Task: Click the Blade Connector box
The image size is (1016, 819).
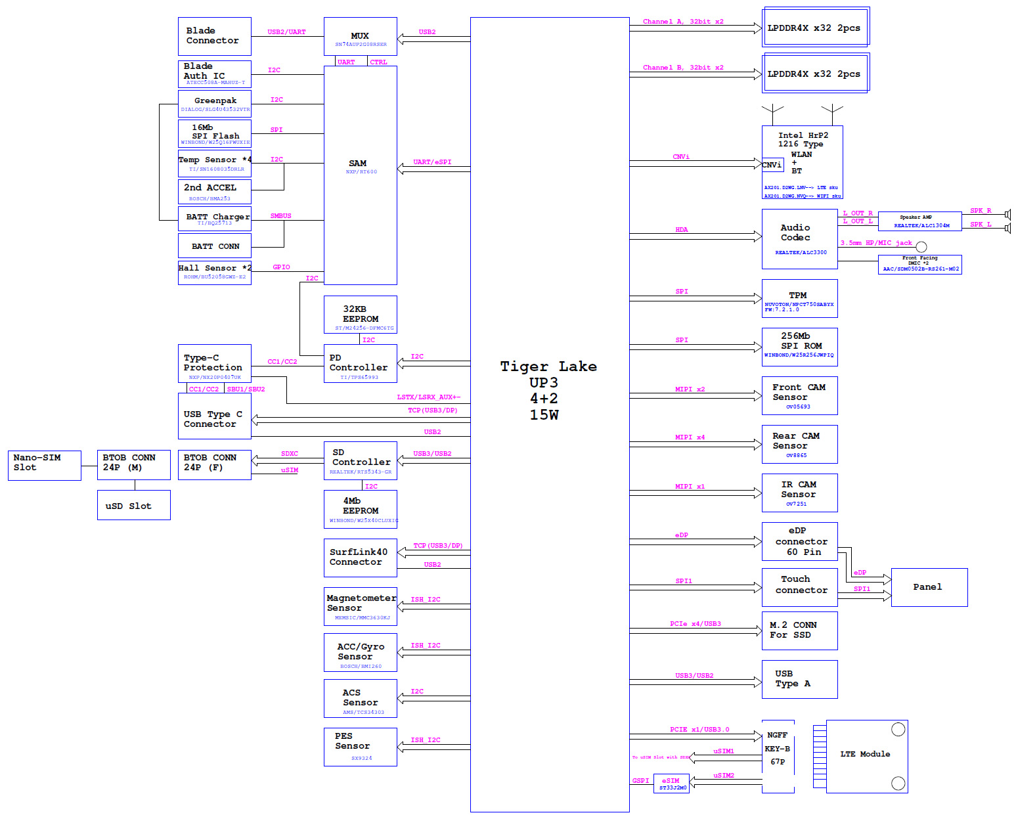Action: (x=214, y=36)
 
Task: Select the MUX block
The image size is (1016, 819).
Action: (x=360, y=36)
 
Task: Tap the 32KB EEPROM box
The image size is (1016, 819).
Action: (x=360, y=315)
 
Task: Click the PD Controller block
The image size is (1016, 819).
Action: (x=360, y=363)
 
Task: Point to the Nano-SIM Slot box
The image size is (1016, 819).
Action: (x=44, y=465)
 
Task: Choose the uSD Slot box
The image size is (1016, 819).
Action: (x=133, y=505)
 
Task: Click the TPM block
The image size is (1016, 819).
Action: (x=799, y=298)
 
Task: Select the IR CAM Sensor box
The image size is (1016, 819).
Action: (x=799, y=493)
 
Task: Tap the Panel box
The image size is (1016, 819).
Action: (x=929, y=587)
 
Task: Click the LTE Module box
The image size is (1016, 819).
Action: (x=866, y=756)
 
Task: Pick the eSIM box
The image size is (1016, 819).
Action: (x=671, y=784)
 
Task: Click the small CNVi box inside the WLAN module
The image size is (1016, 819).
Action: (x=772, y=165)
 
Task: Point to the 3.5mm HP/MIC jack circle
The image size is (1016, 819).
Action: (x=921, y=247)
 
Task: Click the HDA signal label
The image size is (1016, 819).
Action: (x=682, y=230)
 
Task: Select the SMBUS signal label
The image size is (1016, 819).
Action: (x=281, y=216)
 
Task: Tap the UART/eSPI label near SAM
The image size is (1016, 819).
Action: (x=432, y=162)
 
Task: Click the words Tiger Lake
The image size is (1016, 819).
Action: (x=548, y=366)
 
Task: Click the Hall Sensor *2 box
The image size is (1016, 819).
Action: (x=214, y=273)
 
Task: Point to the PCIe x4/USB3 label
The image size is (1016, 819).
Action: (x=696, y=624)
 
